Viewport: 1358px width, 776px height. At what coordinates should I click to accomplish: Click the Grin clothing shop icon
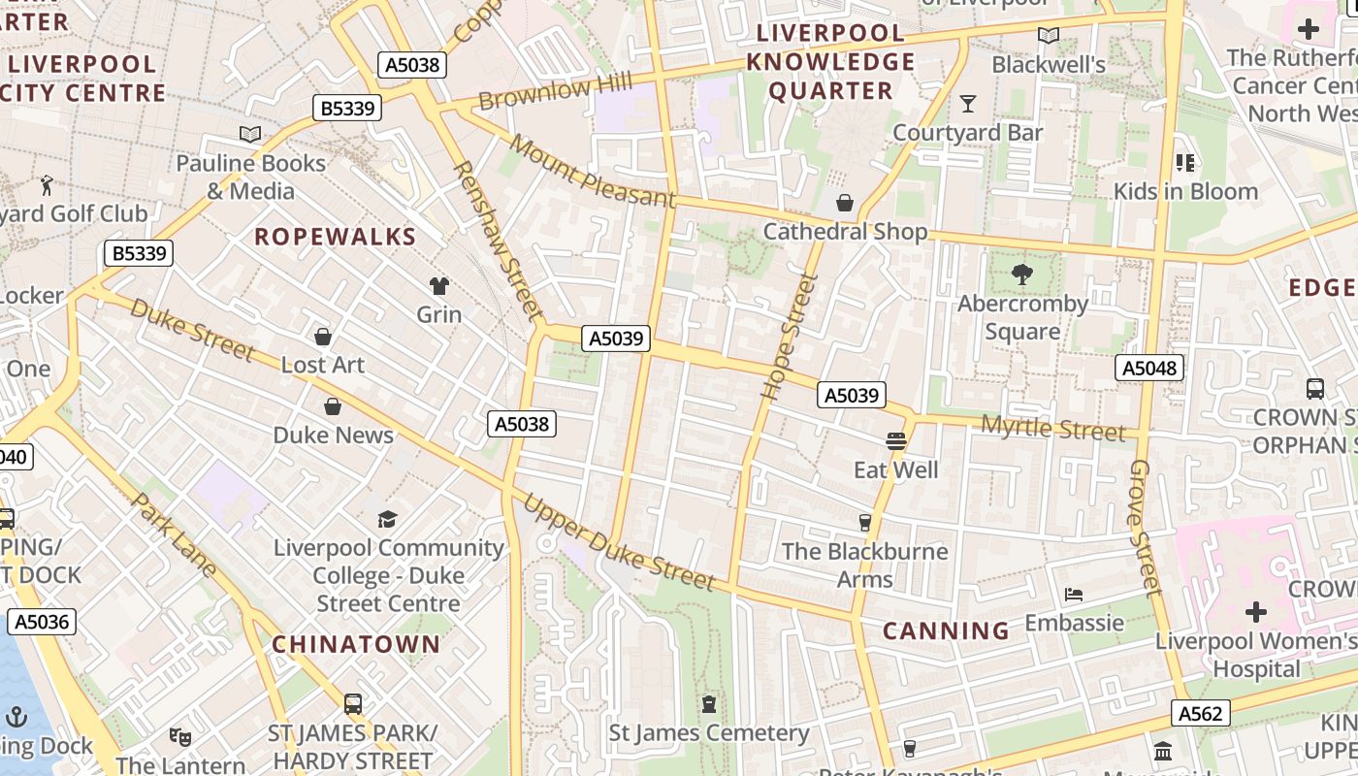pos(439,285)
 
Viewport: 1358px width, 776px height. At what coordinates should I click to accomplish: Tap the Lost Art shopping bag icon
pos(323,337)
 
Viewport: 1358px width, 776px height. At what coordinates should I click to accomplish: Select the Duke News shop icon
pos(333,406)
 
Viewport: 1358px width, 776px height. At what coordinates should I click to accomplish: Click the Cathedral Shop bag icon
pos(845,203)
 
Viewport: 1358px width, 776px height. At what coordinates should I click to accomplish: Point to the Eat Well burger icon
pos(895,441)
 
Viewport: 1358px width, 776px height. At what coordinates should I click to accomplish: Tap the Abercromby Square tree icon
pos(1021,275)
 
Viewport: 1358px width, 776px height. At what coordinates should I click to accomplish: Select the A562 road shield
pos(1200,714)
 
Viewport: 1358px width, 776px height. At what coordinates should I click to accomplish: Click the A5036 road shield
pos(42,622)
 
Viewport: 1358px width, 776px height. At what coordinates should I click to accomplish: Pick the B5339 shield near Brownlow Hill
pos(347,108)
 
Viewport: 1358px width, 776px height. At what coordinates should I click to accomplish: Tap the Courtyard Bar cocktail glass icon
pos(967,103)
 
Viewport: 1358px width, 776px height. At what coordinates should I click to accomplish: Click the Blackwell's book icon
pos(1048,36)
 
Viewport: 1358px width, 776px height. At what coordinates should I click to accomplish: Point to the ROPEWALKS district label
pos(335,237)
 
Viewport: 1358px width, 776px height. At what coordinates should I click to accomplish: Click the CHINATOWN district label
pos(356,644)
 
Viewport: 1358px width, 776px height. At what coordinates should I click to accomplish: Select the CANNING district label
pos(946,631)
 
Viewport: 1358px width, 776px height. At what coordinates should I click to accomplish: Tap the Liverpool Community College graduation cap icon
pos(388,519)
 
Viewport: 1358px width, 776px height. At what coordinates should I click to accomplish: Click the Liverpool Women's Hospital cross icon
pos(1256,612)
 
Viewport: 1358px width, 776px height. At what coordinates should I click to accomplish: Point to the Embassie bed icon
pos(1073,594)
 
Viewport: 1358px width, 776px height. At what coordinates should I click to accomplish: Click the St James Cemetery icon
pos(709,704)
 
